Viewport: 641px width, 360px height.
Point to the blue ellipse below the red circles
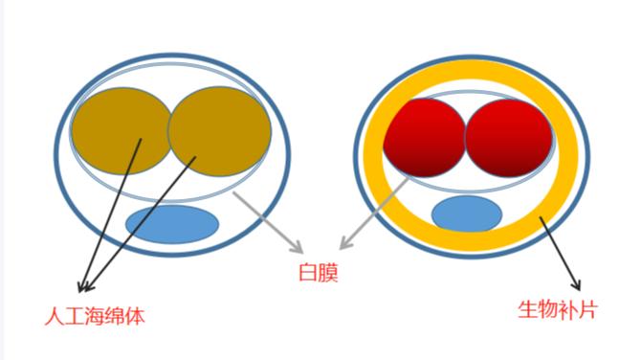point(466,214)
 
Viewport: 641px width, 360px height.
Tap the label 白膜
point(319,274)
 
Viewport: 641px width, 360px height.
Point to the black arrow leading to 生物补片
point(562,255)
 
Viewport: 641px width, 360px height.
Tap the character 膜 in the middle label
point(329,274)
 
